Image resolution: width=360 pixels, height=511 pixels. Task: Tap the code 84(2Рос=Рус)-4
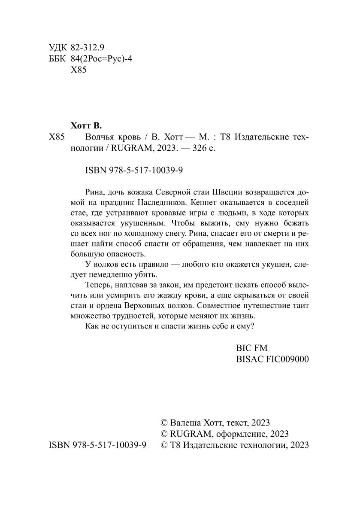click(x=101, y=60)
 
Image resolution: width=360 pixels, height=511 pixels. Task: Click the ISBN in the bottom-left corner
click(x=98, y=446)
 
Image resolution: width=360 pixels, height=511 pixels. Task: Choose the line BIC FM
click(x=252, y=348)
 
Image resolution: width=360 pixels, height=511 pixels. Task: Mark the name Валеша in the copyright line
click(x=185, y=423)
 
